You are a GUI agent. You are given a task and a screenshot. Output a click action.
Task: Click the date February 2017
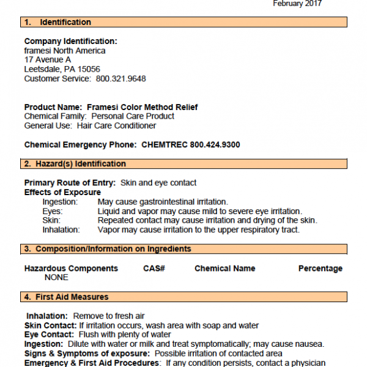click(297, 4)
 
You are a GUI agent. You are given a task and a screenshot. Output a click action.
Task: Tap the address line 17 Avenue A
click(48, 60)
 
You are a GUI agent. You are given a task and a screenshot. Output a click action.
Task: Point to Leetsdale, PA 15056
click(62, 69)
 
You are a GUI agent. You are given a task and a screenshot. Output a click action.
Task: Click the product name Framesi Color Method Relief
click(143, 107)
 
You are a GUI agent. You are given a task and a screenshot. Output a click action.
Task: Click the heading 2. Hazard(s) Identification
click(75, 164)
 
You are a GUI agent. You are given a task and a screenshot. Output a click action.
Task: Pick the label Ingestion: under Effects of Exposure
click(60, 202)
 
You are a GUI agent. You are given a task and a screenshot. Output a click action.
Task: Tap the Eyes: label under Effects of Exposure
click(52, 211)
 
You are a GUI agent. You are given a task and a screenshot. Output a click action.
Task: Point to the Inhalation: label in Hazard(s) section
click(61, 230)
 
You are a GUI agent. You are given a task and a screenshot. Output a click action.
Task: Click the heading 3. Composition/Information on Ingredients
click(108, 249)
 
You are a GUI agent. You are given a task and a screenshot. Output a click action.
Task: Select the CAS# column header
click(155, 269)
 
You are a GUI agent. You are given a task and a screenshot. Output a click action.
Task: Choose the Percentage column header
click(321, 269)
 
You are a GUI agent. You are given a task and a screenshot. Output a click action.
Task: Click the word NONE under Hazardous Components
click(56, 278)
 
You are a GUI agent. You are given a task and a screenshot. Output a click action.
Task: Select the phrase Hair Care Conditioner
click(116, 125)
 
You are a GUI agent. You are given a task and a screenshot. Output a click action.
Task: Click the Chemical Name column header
click(225, 269)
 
